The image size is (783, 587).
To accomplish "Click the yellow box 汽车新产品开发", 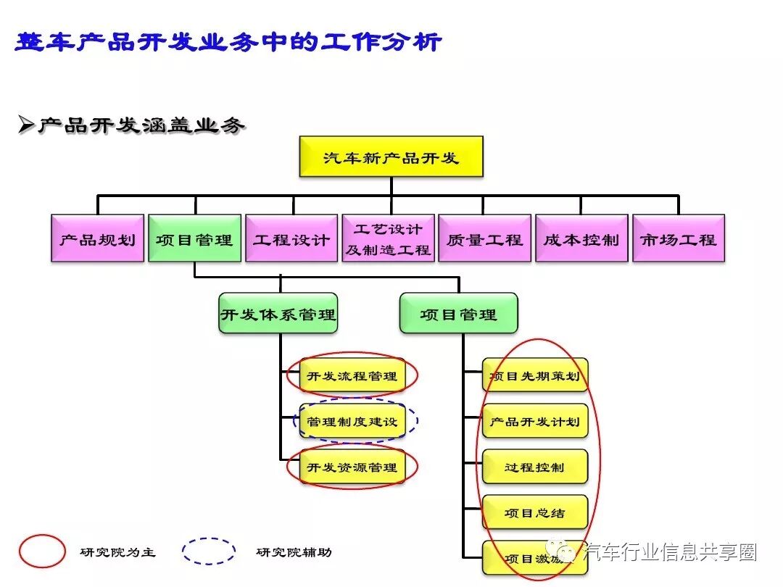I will [391, 157].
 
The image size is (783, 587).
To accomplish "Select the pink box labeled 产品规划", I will [97, 238].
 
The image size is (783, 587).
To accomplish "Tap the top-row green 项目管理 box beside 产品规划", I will [194, 238].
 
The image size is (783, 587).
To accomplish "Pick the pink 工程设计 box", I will [291, 238].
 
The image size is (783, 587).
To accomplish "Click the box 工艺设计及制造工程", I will [389, 238].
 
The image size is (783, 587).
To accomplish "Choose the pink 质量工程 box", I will [485, 238].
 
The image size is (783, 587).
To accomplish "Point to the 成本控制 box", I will [581, 238].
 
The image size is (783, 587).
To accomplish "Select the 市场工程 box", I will [679, 238].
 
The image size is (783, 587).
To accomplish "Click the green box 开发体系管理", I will [278, 313].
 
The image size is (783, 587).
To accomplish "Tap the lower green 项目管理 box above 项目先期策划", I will [458, 313].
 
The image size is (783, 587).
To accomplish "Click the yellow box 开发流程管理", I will [352, 376].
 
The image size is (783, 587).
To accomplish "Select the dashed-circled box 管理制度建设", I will [352, 422].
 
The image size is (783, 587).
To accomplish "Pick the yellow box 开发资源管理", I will [352, 467].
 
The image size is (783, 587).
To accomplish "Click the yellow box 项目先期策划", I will [535, 376].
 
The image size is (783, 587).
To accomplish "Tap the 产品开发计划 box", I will [535, 422].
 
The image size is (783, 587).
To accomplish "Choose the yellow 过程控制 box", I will [535, 467].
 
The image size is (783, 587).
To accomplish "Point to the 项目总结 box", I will [535, 513].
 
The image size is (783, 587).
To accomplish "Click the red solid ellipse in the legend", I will [42, 551].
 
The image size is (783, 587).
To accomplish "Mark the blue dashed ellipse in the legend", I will [209, 551].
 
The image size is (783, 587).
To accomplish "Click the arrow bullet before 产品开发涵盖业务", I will [26, 125].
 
